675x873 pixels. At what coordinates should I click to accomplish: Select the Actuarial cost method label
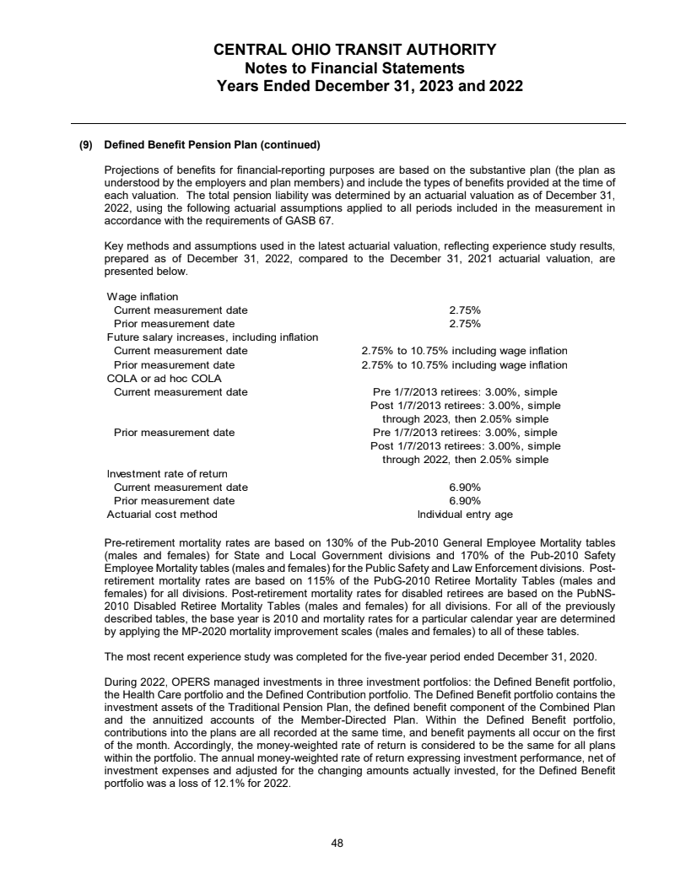(161, 514)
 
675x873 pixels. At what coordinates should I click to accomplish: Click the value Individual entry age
(465, 514)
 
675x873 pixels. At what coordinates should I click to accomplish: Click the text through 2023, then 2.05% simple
(465, 418)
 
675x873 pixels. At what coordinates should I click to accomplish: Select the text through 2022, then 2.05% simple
(465, 460)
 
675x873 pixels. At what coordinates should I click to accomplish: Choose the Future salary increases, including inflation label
(212, 337)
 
